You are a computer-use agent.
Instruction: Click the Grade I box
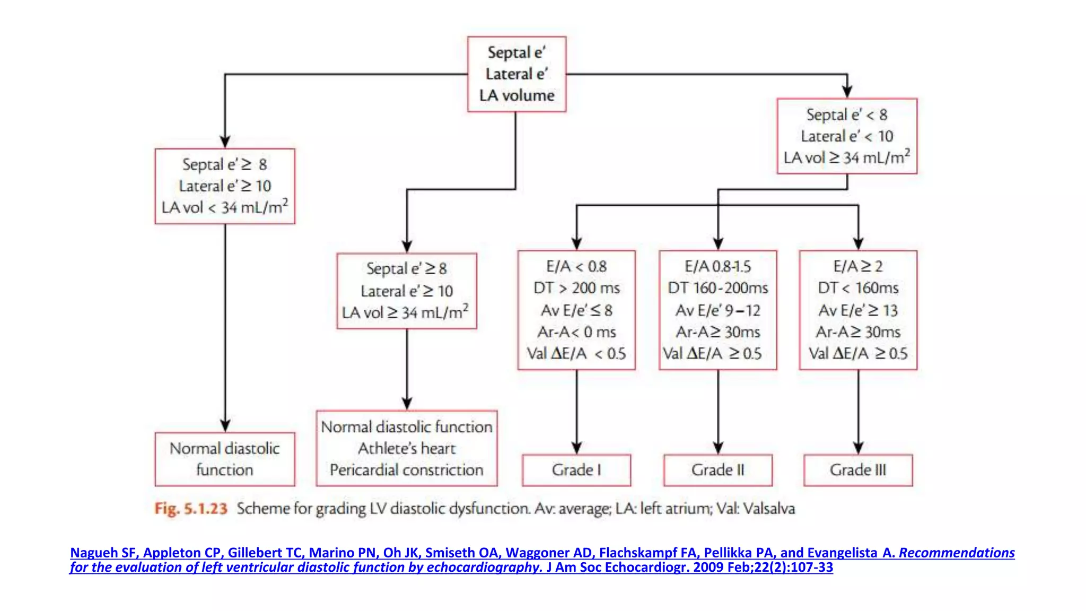coord(576,470)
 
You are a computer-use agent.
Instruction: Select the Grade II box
coord(717,470)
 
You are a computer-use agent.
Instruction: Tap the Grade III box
coord(858,470)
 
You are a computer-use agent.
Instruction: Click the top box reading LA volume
coord(516,95)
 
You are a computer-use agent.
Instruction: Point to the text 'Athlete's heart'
coord(407,449)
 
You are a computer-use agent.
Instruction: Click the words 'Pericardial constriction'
coord(407,470)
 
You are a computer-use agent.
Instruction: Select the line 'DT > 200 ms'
coord(576,288)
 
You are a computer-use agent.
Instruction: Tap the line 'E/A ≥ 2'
coord(858,266)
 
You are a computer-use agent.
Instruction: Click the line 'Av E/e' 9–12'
coord(717,310)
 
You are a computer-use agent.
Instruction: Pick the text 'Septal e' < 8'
coord(847,115)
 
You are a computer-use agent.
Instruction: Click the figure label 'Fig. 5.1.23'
coord(191,509)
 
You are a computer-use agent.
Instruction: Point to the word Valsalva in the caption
coord(769,509)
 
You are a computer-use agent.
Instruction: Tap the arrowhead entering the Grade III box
coord(858,448)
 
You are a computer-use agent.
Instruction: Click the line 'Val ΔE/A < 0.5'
coord(576,354)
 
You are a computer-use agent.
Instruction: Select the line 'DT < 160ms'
coord(858,288)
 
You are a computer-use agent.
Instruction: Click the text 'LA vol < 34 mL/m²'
coord(225,207)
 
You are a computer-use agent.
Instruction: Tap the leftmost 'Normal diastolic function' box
coord(225,459)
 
